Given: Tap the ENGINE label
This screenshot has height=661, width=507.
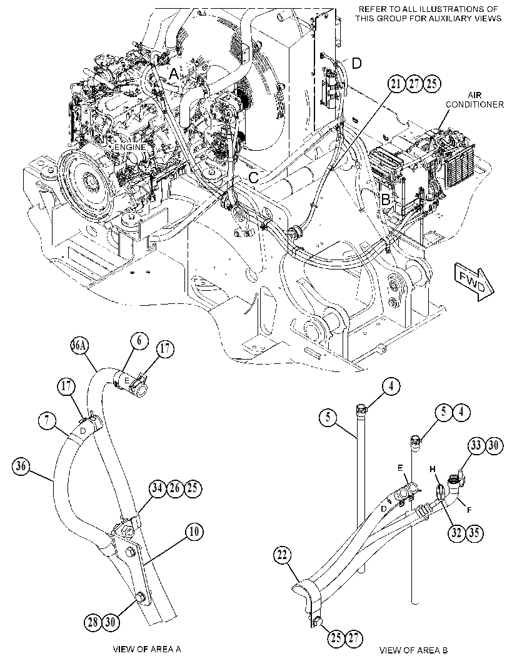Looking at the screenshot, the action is point(130,148).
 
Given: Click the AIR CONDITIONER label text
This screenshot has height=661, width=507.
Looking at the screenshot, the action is point(474,100).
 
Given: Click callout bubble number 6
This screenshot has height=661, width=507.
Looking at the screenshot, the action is point(139,341).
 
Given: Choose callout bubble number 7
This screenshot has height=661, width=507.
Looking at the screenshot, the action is point(46,420).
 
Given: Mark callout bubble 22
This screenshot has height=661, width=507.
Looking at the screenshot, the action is point(282,555).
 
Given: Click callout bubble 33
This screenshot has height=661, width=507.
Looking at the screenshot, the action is point(476,446).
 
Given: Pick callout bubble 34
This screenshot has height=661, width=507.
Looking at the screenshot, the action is point(157,489).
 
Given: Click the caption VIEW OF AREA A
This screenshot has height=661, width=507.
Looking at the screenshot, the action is point(147,648).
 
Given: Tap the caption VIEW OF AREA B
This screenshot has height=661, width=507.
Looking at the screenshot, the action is point(414,650).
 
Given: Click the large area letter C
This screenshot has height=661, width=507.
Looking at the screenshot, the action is point(253,178).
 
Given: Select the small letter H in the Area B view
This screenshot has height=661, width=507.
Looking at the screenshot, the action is point(432,469).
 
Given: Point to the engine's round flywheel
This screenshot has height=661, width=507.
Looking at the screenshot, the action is point(86,181).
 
